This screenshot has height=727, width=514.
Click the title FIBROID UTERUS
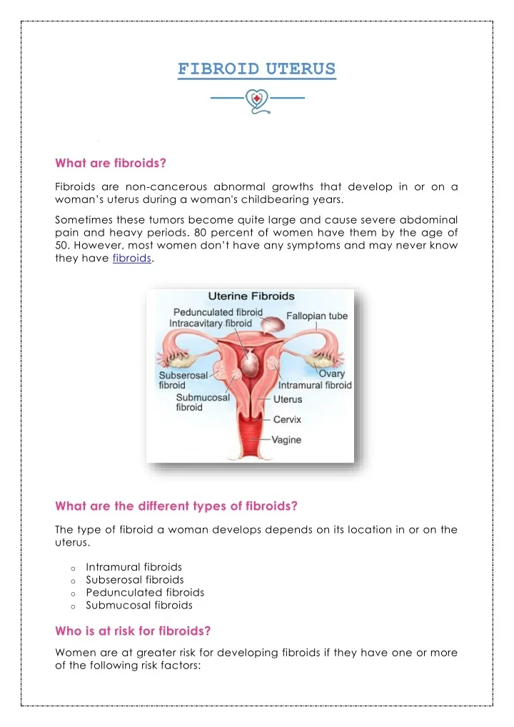tap(256, 69)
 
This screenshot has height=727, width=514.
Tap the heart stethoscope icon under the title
tap(256, 101)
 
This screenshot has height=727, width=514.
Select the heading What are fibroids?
tap(111, 163)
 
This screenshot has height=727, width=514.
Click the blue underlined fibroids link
tap(132, 259)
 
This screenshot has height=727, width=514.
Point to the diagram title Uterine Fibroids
tap(251, 296)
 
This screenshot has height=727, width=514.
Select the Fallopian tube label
tap(317, 316)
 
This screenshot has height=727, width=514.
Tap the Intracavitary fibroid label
tap(211, 324)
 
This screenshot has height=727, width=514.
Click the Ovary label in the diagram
tap(332, 373)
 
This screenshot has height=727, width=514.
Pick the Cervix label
tap(287, 420)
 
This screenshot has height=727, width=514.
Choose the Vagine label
tap(287, 440)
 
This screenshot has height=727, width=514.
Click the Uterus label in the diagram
tap(288, 399)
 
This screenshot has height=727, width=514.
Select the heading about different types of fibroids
tap(176, 506)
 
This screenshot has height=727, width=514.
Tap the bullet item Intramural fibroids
tap(133, 567)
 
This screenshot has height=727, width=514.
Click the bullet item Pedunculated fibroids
tap(145, 592)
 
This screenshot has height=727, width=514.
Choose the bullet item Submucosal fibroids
tap(139, 605)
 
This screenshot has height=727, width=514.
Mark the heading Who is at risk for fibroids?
tap(133, 631)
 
